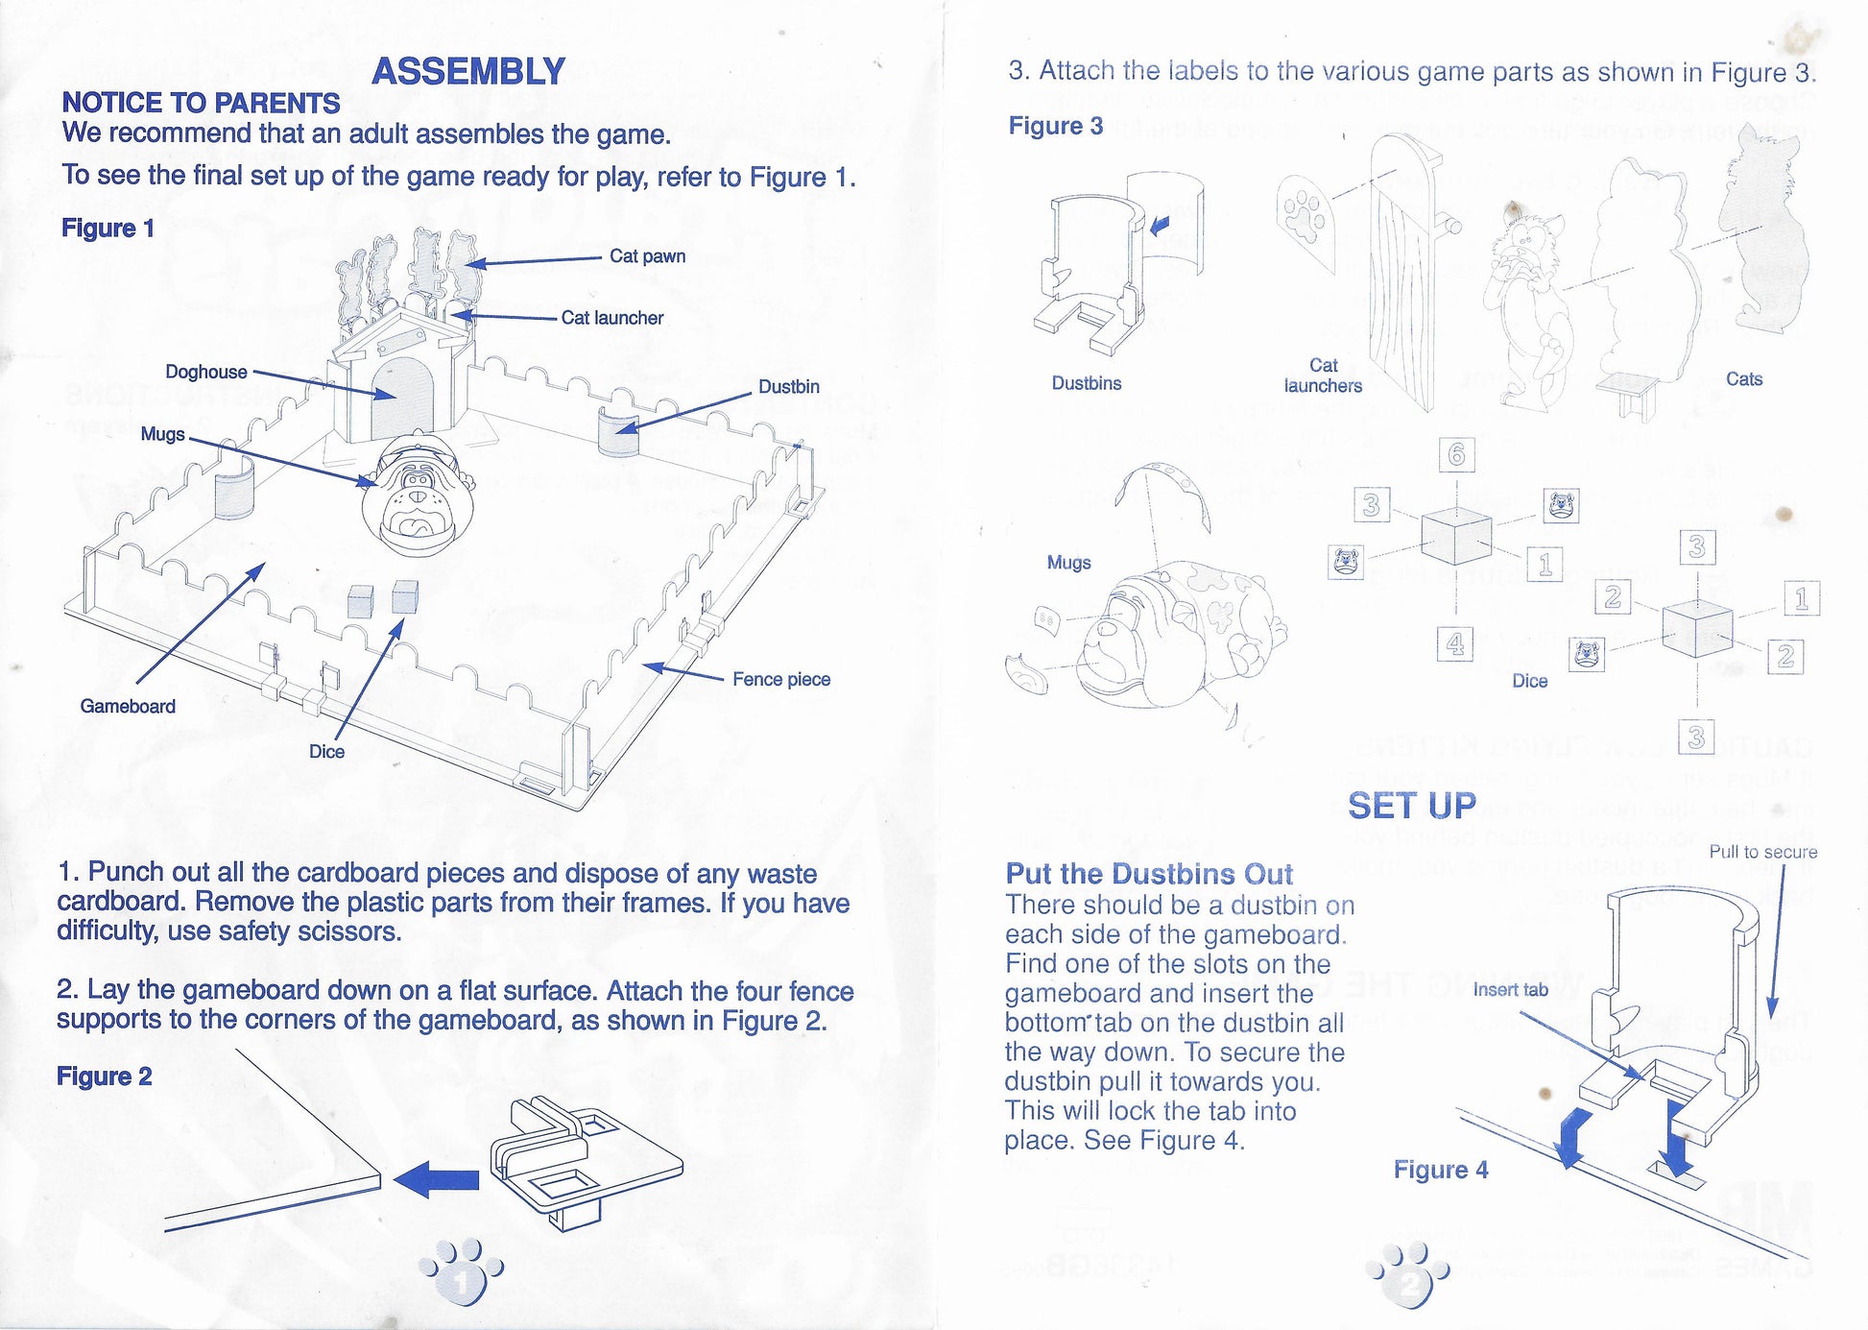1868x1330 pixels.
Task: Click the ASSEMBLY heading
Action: [x=467, y=72]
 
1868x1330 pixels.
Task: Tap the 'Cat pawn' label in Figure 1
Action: [x=647, y=256]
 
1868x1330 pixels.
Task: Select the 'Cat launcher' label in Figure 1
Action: [x=611, y=318]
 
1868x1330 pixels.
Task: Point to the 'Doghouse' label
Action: [x=205, y=372]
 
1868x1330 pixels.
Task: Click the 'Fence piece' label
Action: [x=780, y=680]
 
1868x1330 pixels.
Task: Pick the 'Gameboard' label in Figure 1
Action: [x=128, y=707]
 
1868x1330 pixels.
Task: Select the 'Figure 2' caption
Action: [x=104, y=1076]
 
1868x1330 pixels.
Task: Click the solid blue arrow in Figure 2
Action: [x=437, y=1179]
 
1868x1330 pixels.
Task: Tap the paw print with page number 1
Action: [x=462, y=1271]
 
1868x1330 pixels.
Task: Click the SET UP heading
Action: [x=1411, y=806]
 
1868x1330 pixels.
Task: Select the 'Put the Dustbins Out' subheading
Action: [x=1148, y=874]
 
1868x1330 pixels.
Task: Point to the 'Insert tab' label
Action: [x=1510, y=990]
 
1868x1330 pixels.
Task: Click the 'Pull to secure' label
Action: [x=1762, y=852]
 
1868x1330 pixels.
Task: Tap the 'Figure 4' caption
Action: [x=1440, y=1170]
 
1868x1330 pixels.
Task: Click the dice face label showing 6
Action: [x=1456, y=454]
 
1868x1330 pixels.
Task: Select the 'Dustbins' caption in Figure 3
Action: [x=1086, y=383]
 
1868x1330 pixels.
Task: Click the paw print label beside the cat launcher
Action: [x=1305, y=216]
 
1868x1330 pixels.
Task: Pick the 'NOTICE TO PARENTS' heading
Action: [x=201, y=103]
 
